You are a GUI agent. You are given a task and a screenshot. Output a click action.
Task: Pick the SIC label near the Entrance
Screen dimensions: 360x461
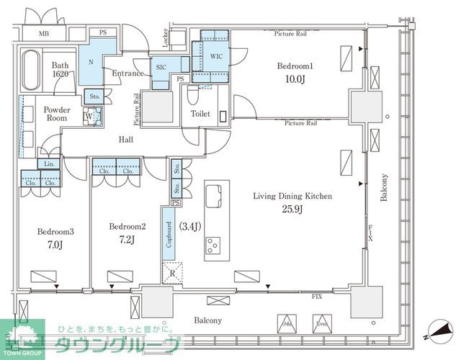click(x=161, y=67)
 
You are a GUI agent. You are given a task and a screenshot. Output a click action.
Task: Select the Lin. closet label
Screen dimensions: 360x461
click(x=50, y=163)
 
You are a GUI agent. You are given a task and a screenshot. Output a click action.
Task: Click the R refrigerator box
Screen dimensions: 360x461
click(x=173, y=273)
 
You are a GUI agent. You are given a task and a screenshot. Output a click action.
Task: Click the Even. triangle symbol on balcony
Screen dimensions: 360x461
click(x=321, y=323)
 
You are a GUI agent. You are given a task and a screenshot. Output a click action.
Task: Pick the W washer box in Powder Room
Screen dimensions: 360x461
click(x=88, y=115)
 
